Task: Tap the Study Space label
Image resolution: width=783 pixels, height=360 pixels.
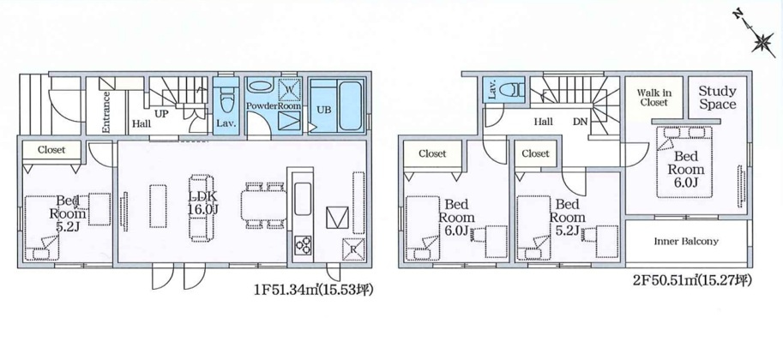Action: pyautogui.click(x=717, y=98)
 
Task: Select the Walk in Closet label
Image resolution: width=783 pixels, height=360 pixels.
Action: pyautogui.click(x=654, y=98)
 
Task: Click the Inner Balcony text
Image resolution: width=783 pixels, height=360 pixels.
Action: pyautogui.click(x=686, y=241)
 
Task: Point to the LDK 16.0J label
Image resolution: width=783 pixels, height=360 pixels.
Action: pyautogui.click(x=202, y=204)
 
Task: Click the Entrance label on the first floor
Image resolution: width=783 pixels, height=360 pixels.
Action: pyautogui.click(x=105, y=113)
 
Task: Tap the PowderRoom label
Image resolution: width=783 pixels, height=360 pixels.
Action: pyautogui.click(x=274, y=106)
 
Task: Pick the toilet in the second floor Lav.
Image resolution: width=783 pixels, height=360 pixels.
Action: pyautogui.click(x=513, y=90)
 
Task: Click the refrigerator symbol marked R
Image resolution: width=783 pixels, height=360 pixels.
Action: pyautogui.click(x=352, y=249)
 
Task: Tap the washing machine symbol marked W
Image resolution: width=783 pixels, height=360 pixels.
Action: pyautogui.click(x=289, y=90)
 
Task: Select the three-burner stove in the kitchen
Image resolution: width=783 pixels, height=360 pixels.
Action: pyautogui.click(x=303, y=244)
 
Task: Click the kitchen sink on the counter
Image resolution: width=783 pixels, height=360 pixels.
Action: pyautogui.click(x=303, y=199)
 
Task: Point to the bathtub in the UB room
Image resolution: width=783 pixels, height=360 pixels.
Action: pyautogui.click(x=349, y=105)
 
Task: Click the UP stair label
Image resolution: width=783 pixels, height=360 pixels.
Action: pyautogui.click(x=160, y=114)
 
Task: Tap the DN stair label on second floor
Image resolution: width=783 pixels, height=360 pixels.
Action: pyautogui.click(x=579, y=122)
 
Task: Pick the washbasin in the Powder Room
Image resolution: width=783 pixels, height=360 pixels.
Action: pyautogui.click(x=260, y=86)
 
